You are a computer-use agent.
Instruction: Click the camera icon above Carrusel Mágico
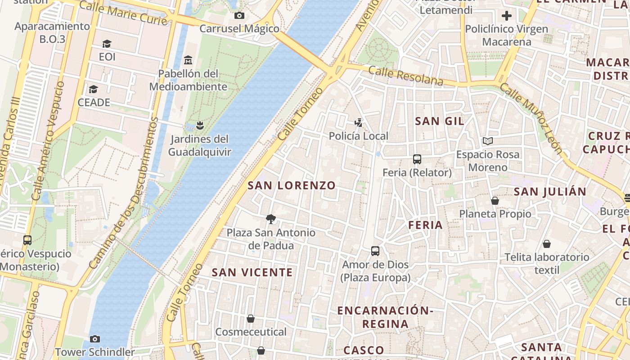239,16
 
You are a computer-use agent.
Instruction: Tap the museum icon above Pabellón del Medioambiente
188,60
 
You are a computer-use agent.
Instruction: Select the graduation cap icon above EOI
107,44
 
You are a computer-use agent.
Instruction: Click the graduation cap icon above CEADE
93,89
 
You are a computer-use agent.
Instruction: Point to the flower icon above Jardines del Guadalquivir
200,125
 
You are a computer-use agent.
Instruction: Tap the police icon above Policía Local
358,122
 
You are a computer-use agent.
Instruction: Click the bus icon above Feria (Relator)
417,159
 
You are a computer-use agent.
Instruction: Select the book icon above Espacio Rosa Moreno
488,141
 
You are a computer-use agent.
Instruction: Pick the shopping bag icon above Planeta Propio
495,200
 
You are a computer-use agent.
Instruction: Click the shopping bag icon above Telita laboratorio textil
547,244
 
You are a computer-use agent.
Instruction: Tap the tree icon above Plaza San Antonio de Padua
270,219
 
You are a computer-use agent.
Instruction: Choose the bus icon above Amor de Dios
375,251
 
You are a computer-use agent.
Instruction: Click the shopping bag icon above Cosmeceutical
251,319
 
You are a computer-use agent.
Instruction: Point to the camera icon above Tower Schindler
94,339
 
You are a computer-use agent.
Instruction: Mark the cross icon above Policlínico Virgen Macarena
507,16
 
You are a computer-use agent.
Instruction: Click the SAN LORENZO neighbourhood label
292,185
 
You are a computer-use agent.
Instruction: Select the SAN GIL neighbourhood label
440,121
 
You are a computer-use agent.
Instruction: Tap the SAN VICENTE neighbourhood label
252,272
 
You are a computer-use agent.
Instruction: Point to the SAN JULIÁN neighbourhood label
550,192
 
